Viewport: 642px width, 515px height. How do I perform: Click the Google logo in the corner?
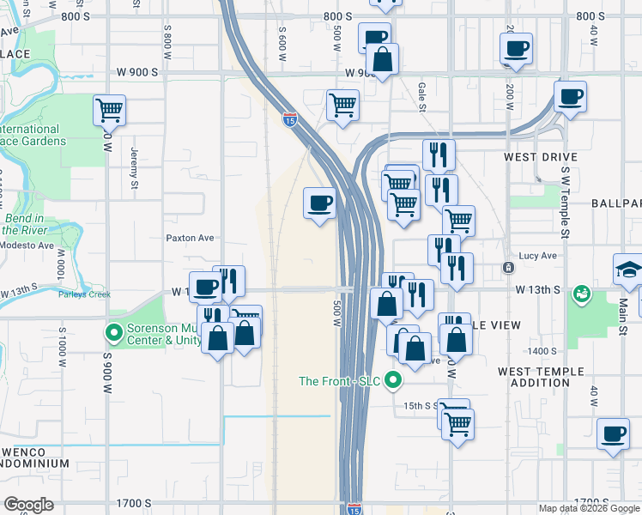[28, 505]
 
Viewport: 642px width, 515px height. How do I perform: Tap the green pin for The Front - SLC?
[394, 379]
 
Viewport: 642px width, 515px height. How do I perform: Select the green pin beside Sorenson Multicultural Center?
[113, 331]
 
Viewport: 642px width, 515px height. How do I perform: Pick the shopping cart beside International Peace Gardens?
[110, 109]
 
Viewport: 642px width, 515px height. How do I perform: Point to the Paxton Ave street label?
[190, 238]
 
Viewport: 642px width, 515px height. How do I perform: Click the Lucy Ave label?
[538, 256]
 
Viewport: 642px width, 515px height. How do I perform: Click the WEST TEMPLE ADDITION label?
[541, 377]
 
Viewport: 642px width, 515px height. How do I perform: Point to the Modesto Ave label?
[27, 245]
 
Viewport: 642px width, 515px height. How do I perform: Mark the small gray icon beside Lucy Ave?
[509, 268]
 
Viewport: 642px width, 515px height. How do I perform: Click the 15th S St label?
[421, 404]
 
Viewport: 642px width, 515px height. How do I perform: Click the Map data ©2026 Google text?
[589, 508]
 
